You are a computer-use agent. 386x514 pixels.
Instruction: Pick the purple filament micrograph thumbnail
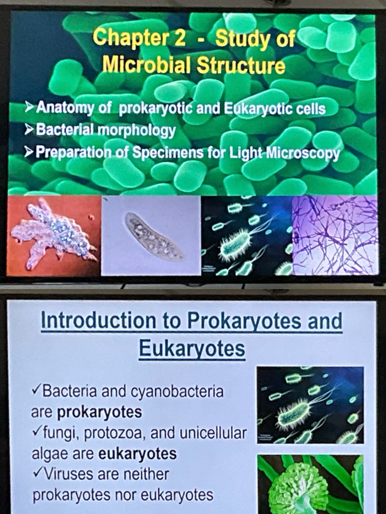coord(335,235)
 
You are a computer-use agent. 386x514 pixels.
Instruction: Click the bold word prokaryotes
coord(100,413)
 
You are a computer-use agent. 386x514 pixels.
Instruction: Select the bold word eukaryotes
coord(138,454)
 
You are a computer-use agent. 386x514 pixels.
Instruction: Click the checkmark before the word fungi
coord(36,432)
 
